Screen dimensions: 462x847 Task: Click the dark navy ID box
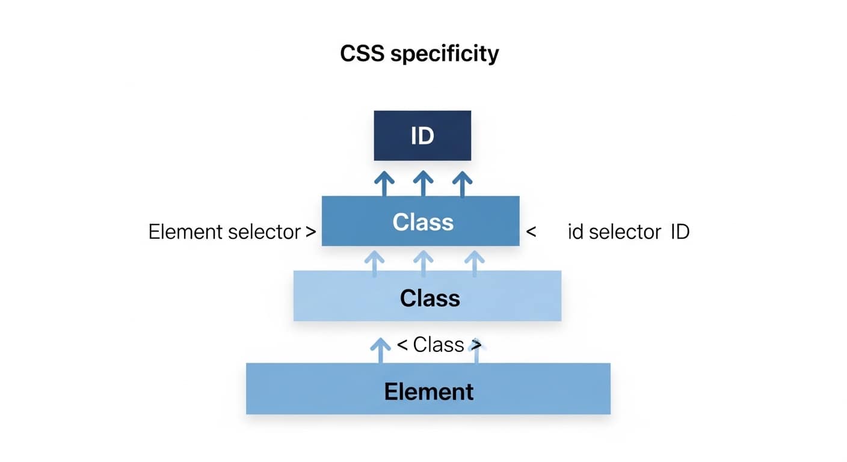pos(422,135)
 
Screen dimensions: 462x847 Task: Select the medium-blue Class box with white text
pos(420,221)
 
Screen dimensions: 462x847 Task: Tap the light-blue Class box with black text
pos(427,295)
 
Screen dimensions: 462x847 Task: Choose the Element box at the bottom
pos(428,389)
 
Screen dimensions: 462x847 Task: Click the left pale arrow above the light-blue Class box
pos(374,264)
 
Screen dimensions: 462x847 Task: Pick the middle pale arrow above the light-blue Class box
pos(423,264)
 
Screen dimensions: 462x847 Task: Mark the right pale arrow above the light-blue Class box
pos(475,264)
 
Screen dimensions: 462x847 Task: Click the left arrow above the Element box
pos(380,350)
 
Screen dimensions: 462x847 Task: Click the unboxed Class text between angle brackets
pos(439,345)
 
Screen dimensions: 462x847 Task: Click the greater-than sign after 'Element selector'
pos(310,232)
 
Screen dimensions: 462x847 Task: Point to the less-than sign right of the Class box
pos(531,232)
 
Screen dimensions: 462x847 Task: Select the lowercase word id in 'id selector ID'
pos(576,232)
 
